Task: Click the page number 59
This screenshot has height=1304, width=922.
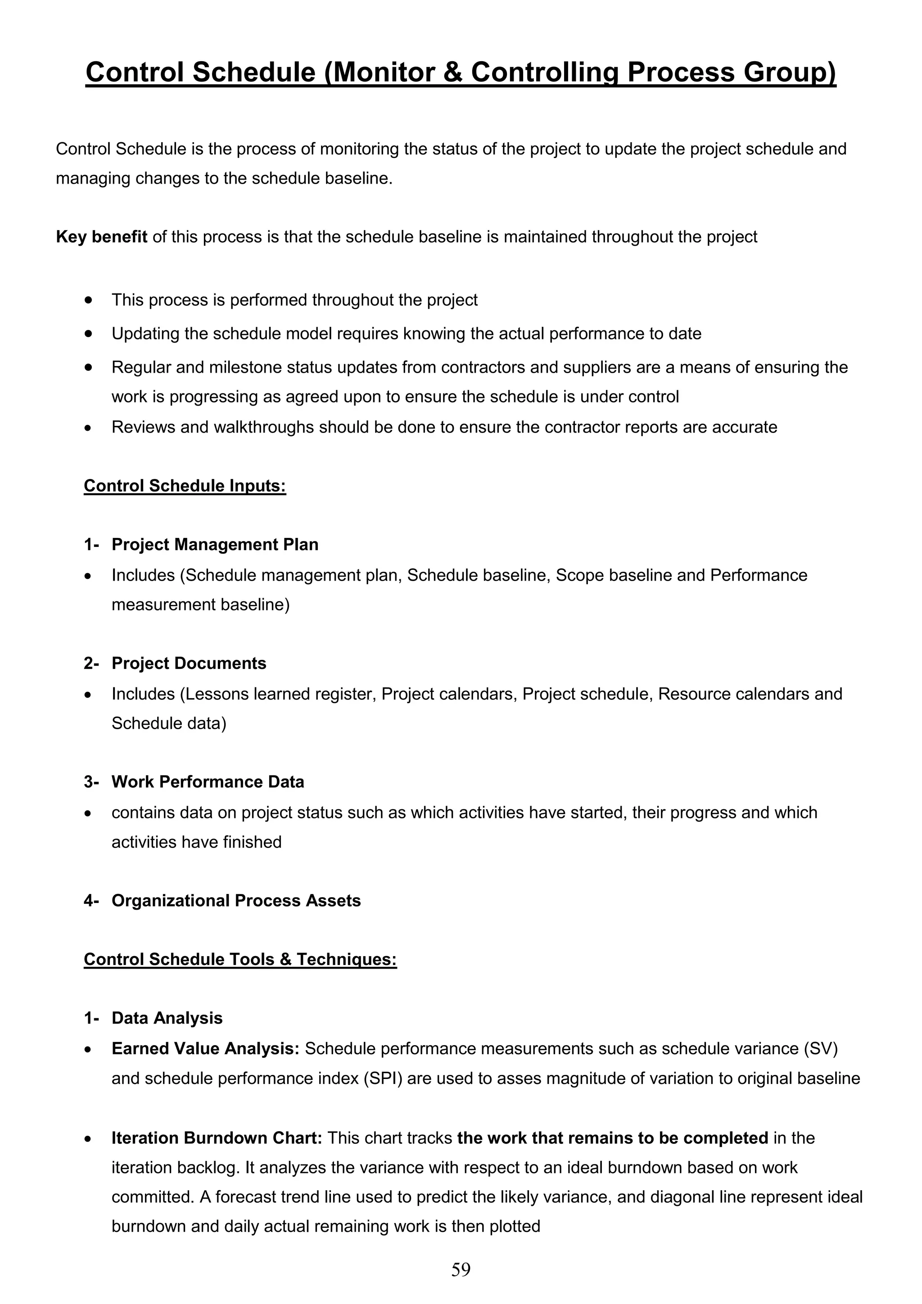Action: click(461, 1269)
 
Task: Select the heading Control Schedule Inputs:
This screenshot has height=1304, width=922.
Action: click(185, 486)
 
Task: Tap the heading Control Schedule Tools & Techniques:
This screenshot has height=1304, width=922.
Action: click(240, 959)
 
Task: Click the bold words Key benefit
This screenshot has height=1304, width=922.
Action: click(102, 237)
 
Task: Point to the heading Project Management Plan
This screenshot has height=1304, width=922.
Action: click(215, 545)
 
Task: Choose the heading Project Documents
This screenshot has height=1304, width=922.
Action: click(189, 663)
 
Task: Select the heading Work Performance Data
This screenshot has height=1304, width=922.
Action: click(208, 782)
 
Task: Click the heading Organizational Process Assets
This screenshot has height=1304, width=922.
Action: click(236, 901)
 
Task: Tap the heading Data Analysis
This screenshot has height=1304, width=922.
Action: click(167, 1018)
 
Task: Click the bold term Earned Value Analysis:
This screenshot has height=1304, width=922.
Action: click(205, 1048)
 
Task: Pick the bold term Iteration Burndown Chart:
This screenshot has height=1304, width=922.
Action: click(217, 1138)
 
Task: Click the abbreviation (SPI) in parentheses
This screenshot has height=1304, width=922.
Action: click(382, 1078)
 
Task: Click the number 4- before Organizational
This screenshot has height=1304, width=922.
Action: click(91, 901)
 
